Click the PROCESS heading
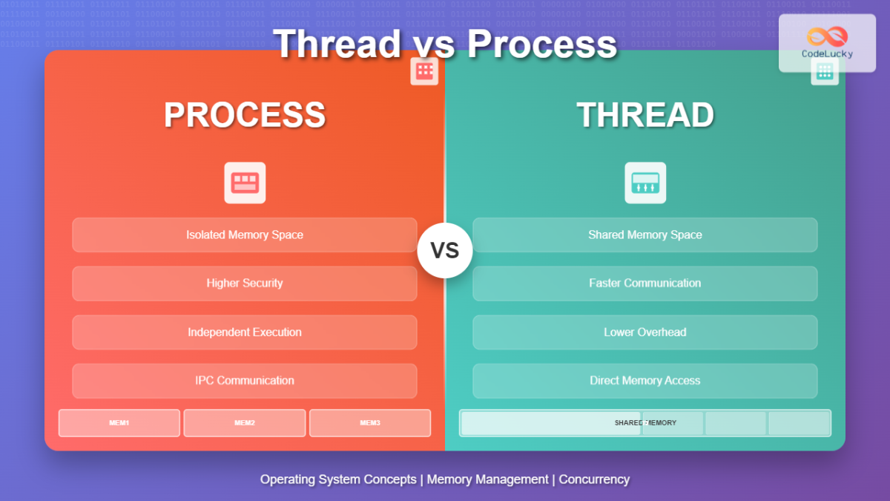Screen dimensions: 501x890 (x=245, y=115)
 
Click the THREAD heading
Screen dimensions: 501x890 (x=645, y=115)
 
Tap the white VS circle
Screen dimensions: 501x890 (x=445, y=250)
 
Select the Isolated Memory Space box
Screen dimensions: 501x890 (x=245, y=235)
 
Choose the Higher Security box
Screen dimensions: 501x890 (x=245, y=283)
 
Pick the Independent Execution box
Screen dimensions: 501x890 (x=245, y=332)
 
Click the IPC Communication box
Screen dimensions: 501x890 (x=245, y=380)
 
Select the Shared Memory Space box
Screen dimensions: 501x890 (x=645, y=235)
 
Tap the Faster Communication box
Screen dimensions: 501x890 (x=645, y=283)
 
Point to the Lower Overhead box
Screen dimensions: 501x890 (x=645, y=332)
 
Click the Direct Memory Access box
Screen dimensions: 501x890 (x=645, y=380)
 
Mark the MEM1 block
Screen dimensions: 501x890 (x=119, y=423)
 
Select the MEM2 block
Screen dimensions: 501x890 (x=245, y=423)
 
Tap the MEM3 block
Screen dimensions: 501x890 (x=370, y=423)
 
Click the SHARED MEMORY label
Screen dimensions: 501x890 (x=645, y=423)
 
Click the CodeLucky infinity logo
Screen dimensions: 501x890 (x=827, y=36)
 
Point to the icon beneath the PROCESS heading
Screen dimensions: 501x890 (x=245, y=183)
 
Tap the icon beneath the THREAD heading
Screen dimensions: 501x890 (x=645, y=183)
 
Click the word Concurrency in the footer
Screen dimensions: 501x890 (x=594, y=479)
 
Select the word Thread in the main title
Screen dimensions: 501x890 (x=337, y=44)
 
